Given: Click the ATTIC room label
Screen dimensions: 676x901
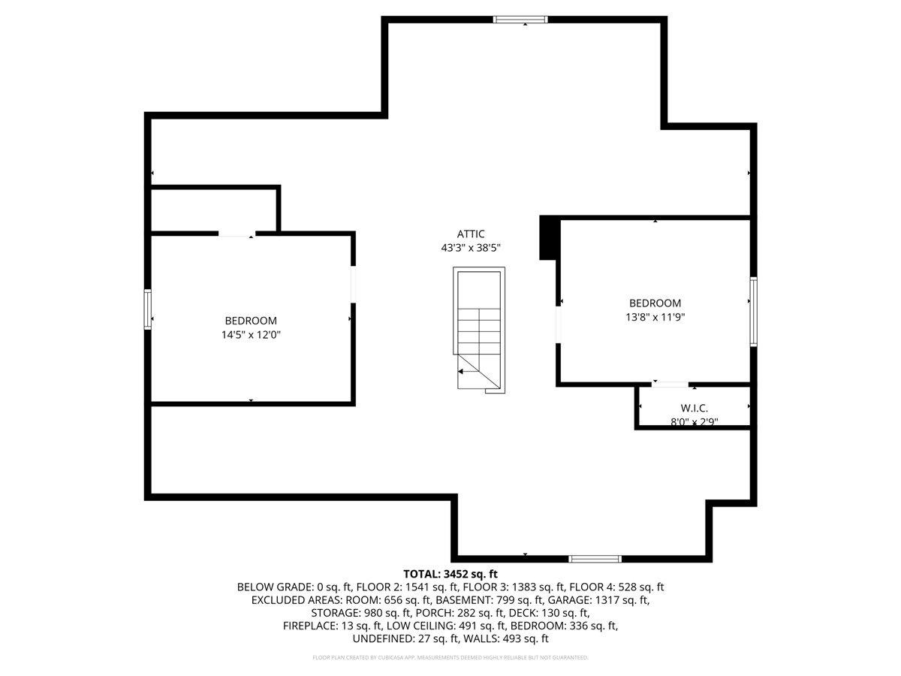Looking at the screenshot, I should pos(471,234).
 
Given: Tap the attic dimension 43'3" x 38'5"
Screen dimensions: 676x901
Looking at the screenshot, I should pos(471,247).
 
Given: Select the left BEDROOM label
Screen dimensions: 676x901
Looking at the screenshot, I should pos(251,321).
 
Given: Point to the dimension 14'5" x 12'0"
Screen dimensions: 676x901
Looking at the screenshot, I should pos(251,335).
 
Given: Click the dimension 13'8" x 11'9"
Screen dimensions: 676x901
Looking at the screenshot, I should pos(655,317).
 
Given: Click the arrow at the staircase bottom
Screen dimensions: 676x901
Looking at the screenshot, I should pos(469,371).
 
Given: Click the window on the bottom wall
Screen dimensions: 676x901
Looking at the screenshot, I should pos(595,559).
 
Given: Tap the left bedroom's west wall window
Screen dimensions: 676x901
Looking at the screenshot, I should pos(148,309).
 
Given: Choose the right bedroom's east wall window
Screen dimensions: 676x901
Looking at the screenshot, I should pos(753,311).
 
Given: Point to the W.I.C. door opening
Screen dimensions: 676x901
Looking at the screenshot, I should pos(670,385).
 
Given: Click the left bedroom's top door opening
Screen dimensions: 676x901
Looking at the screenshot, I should pos(236,235).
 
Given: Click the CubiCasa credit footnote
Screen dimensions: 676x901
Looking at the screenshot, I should pos(450,658).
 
